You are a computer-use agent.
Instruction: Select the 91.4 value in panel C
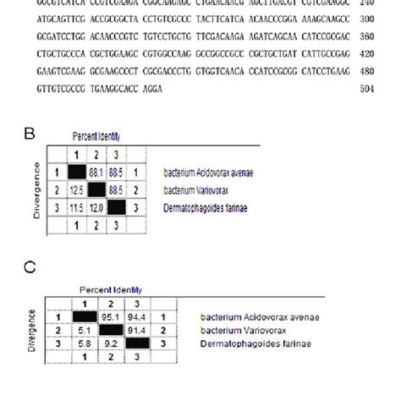coord(136,331)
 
